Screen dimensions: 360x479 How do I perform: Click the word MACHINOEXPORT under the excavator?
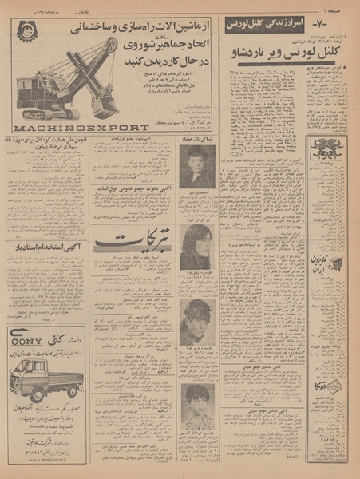(80, 127)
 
